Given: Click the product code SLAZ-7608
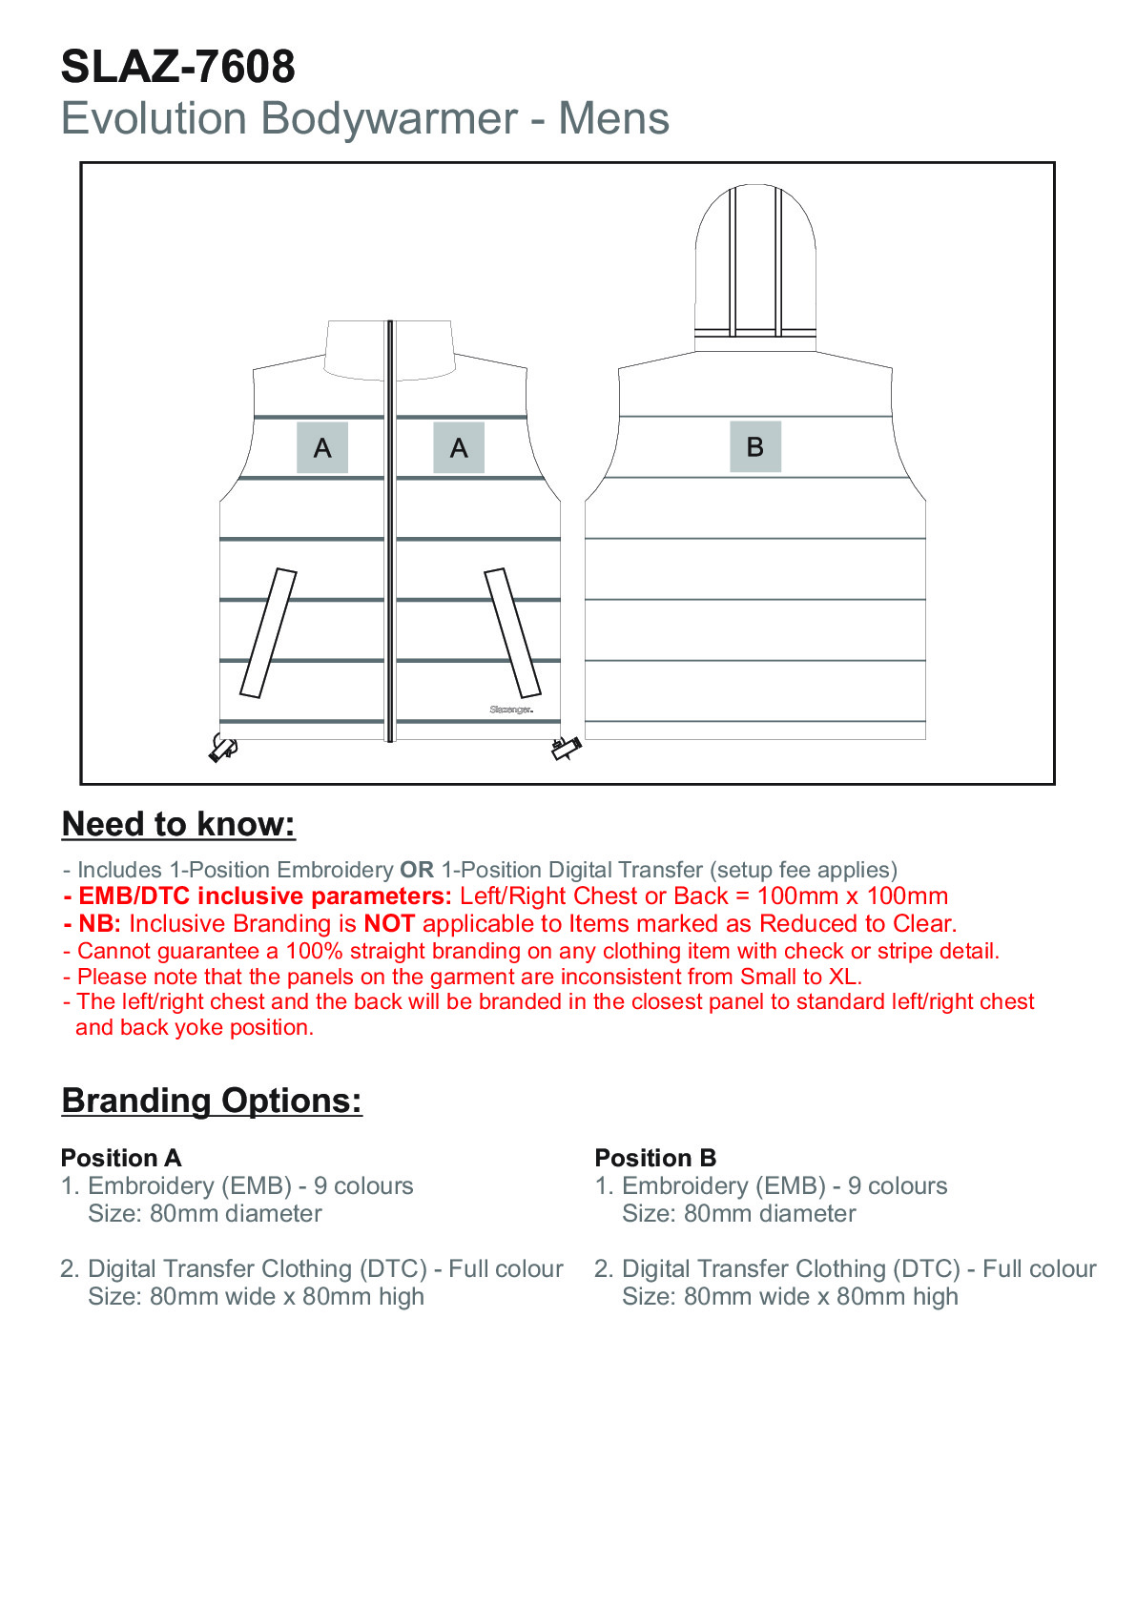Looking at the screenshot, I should (x=178, y=68).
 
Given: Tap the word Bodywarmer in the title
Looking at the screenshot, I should (x=389, y=119).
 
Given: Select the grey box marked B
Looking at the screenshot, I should (x=755, y=446).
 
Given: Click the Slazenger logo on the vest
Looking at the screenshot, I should (x=511, y=710).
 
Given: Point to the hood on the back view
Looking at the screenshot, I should (x=755, y=267).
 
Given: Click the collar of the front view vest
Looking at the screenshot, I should (x=388, y=350).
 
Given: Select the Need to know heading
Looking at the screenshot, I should (x=178, y=824).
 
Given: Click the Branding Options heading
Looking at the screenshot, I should (x=212, y=1101).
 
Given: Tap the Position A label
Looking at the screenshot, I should (x=121, y=1158).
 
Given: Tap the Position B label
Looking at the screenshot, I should (x=655, y=1158).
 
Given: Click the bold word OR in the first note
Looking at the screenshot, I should (x=417, y=870).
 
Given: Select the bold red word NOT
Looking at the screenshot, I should (x=389, y=924).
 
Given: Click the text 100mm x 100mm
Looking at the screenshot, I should (x=853, y=896).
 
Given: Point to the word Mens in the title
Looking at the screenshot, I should (x=614, y=119).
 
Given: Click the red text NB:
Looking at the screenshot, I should (x=98, y=924).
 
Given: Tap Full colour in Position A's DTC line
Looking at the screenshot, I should (x=506, y=1269).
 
